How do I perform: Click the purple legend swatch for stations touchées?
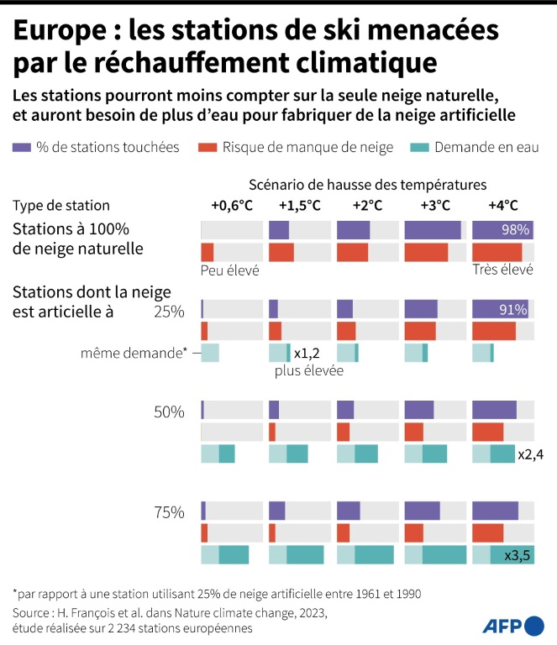tap(23, 148)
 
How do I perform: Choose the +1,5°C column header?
tap(299, 206)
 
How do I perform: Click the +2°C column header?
tap(367, 206)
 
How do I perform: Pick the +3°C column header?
tap(434, 206)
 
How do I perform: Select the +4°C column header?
tap(502, 206)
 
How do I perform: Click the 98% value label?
tap(514, 230)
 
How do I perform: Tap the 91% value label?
tap(513, 310)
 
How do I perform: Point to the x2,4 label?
tap(531, 454)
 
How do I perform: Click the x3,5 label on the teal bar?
tap(518, 555)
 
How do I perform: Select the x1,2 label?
tap(307, 354)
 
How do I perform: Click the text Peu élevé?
tap(229, 270)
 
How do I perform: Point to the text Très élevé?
tap(504, 270)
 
